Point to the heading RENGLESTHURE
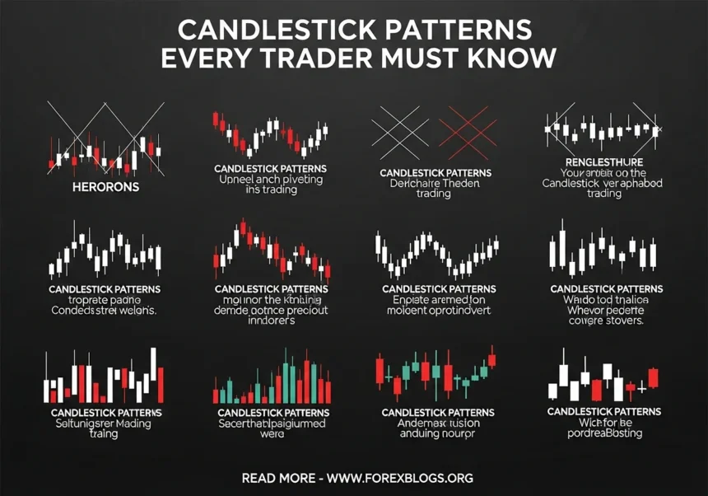click(605, 162)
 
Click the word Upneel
click(235, 179)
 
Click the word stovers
click(623, 321)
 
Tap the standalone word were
click(271, 434)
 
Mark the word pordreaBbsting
click(605, 433)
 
